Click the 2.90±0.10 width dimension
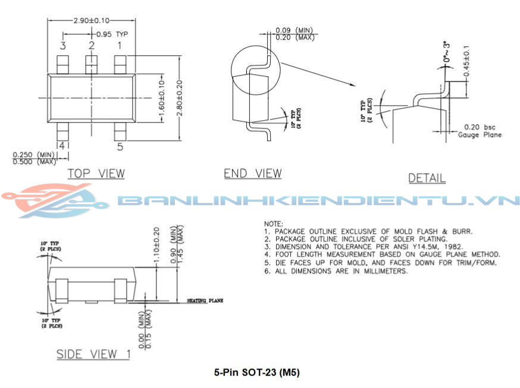[91, 20]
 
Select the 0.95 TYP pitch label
[112, 34]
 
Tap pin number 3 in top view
[62, 45]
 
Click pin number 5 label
[120, 146]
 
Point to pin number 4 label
[62, 145]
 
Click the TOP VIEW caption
[96, 173]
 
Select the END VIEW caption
[252, 173]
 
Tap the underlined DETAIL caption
[427, 178]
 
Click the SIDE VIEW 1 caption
[93, 354]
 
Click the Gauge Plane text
[480, 134]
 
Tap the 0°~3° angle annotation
[447, 54]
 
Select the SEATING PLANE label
[205, 301]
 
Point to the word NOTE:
[274, 223]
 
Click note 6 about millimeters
[336, 271]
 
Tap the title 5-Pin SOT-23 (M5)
[256, 373]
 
